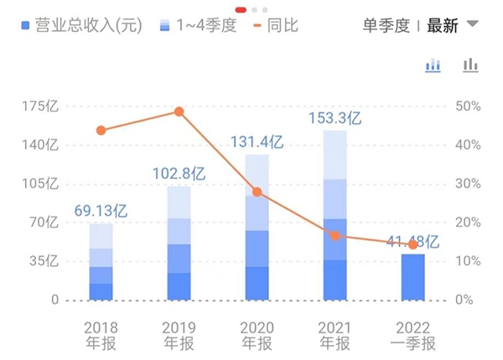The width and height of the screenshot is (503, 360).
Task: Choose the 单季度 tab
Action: point(386,25)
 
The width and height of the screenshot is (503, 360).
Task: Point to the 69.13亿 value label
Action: point(101,211)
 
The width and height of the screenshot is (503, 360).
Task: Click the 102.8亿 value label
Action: point(179,174)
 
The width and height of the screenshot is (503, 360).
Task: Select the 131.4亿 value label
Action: point(257,142)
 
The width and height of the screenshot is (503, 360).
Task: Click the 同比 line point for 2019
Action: point(179,112)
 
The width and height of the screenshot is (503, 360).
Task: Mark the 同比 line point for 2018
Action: point(101,130)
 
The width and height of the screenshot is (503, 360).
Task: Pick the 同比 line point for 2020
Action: point(257,191)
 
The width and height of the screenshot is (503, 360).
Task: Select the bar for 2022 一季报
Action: point(412,276)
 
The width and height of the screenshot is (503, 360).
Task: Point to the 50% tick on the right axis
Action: point(467,107)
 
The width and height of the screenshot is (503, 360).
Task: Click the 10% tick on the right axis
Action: point(467,261)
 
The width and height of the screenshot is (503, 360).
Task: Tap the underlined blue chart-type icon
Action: point(433,66)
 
